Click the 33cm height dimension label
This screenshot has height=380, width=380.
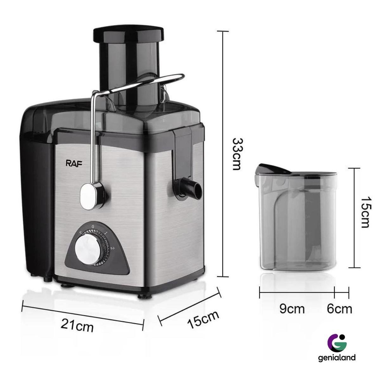click(x=237, y=154)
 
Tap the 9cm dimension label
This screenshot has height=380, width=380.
click(x=292, y=309)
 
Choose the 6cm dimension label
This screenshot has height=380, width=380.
click(x=339, y=309)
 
